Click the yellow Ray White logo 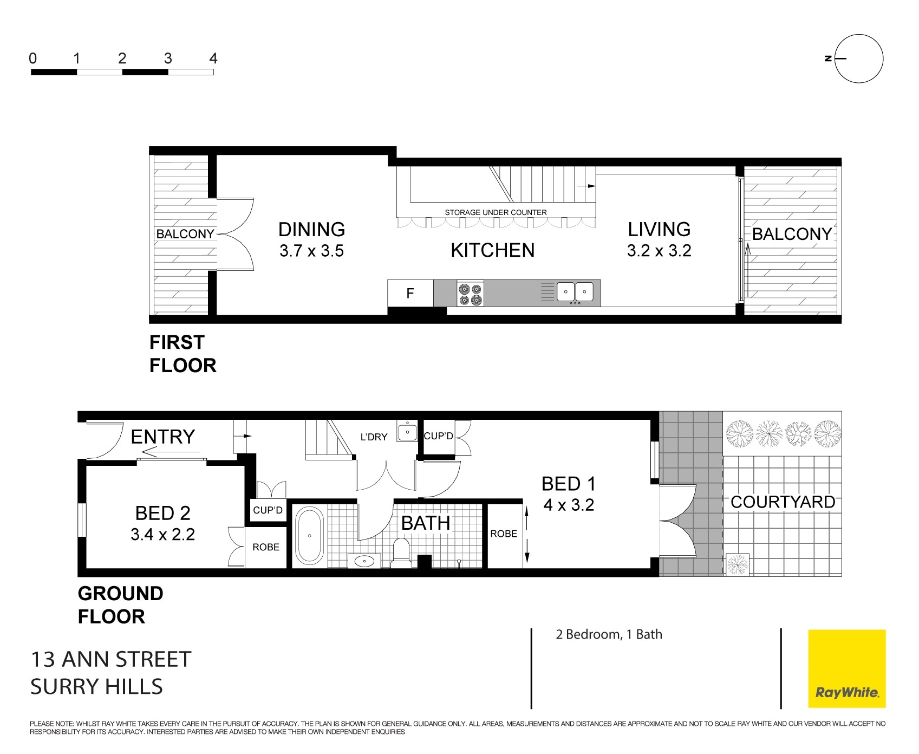coord(846,668)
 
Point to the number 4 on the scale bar coord(213,58)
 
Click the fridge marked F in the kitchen coord(410,293)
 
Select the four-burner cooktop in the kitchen coord(470,294)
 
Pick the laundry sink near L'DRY coord(407,431)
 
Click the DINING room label coord(312,230)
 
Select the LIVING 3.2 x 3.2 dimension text coord(659,251)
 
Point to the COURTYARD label coord(783,502)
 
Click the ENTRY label coord(163,437)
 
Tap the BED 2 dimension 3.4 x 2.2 coord(162,535)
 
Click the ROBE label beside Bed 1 coord(504,534)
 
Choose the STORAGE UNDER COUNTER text coord(496,212)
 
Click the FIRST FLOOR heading coord(183,354)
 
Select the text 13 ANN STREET coord(111,659)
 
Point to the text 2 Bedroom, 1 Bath coord(609,634)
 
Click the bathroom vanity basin coord(363,561)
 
